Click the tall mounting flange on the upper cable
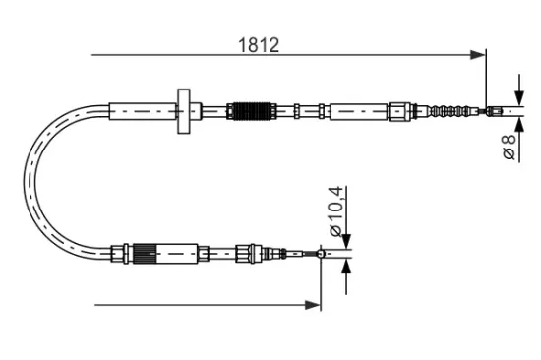click(184, 111)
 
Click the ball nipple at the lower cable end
click(321, 255)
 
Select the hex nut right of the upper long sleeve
click(399, 109)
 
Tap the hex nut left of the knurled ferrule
click(121, 254)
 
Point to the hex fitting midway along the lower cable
click(242, 255)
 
